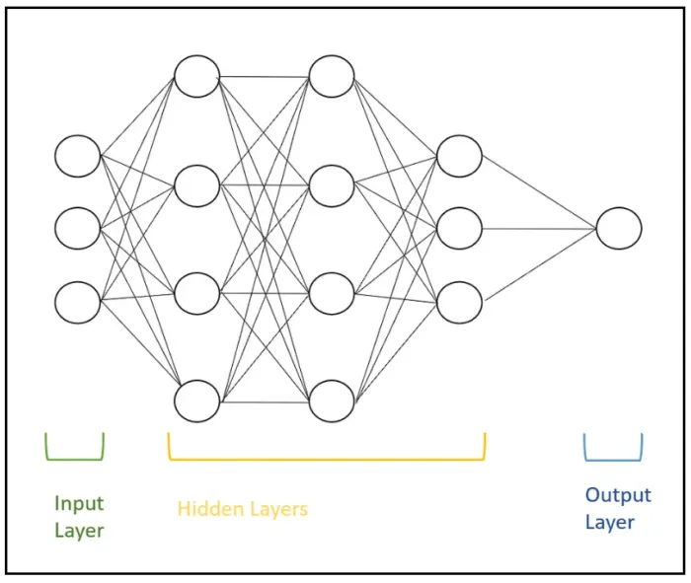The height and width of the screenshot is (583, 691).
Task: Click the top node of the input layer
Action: click(x=78, y=156)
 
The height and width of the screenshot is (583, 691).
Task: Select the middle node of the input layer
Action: click(x=78, y=229)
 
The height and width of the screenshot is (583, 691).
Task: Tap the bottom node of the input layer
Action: click(x=78, y=302)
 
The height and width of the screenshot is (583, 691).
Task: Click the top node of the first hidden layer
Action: click(x=196, y=77)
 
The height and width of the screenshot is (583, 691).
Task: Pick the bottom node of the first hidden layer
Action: click(x=196, y=401)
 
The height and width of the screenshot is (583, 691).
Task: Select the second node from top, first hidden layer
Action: click(x=196, y=185)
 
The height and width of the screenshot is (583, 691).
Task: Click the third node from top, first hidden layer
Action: click(x=196, y=293)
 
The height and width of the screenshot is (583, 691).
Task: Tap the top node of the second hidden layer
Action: click(x=331, y=77)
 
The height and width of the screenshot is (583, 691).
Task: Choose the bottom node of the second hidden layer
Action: click(x=331, y=401)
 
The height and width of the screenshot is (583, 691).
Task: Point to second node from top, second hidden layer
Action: click(x=331, y=185)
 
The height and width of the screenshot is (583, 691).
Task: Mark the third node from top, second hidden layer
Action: click(x=331, y=293)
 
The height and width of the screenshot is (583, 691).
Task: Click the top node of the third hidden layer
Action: click(x=459, y=156)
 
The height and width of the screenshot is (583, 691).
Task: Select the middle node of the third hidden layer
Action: click(x=459, y=229)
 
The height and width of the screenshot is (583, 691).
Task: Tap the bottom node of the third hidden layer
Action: click(x=459, y=302)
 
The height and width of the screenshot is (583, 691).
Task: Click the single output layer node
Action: click(x=619, y=229)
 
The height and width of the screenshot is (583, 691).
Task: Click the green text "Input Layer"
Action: click(x=79, y=517)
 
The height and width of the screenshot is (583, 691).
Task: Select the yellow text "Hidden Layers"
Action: click(x=243, y=509)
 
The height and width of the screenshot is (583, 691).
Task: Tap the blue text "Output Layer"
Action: click(x=618, y=508)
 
